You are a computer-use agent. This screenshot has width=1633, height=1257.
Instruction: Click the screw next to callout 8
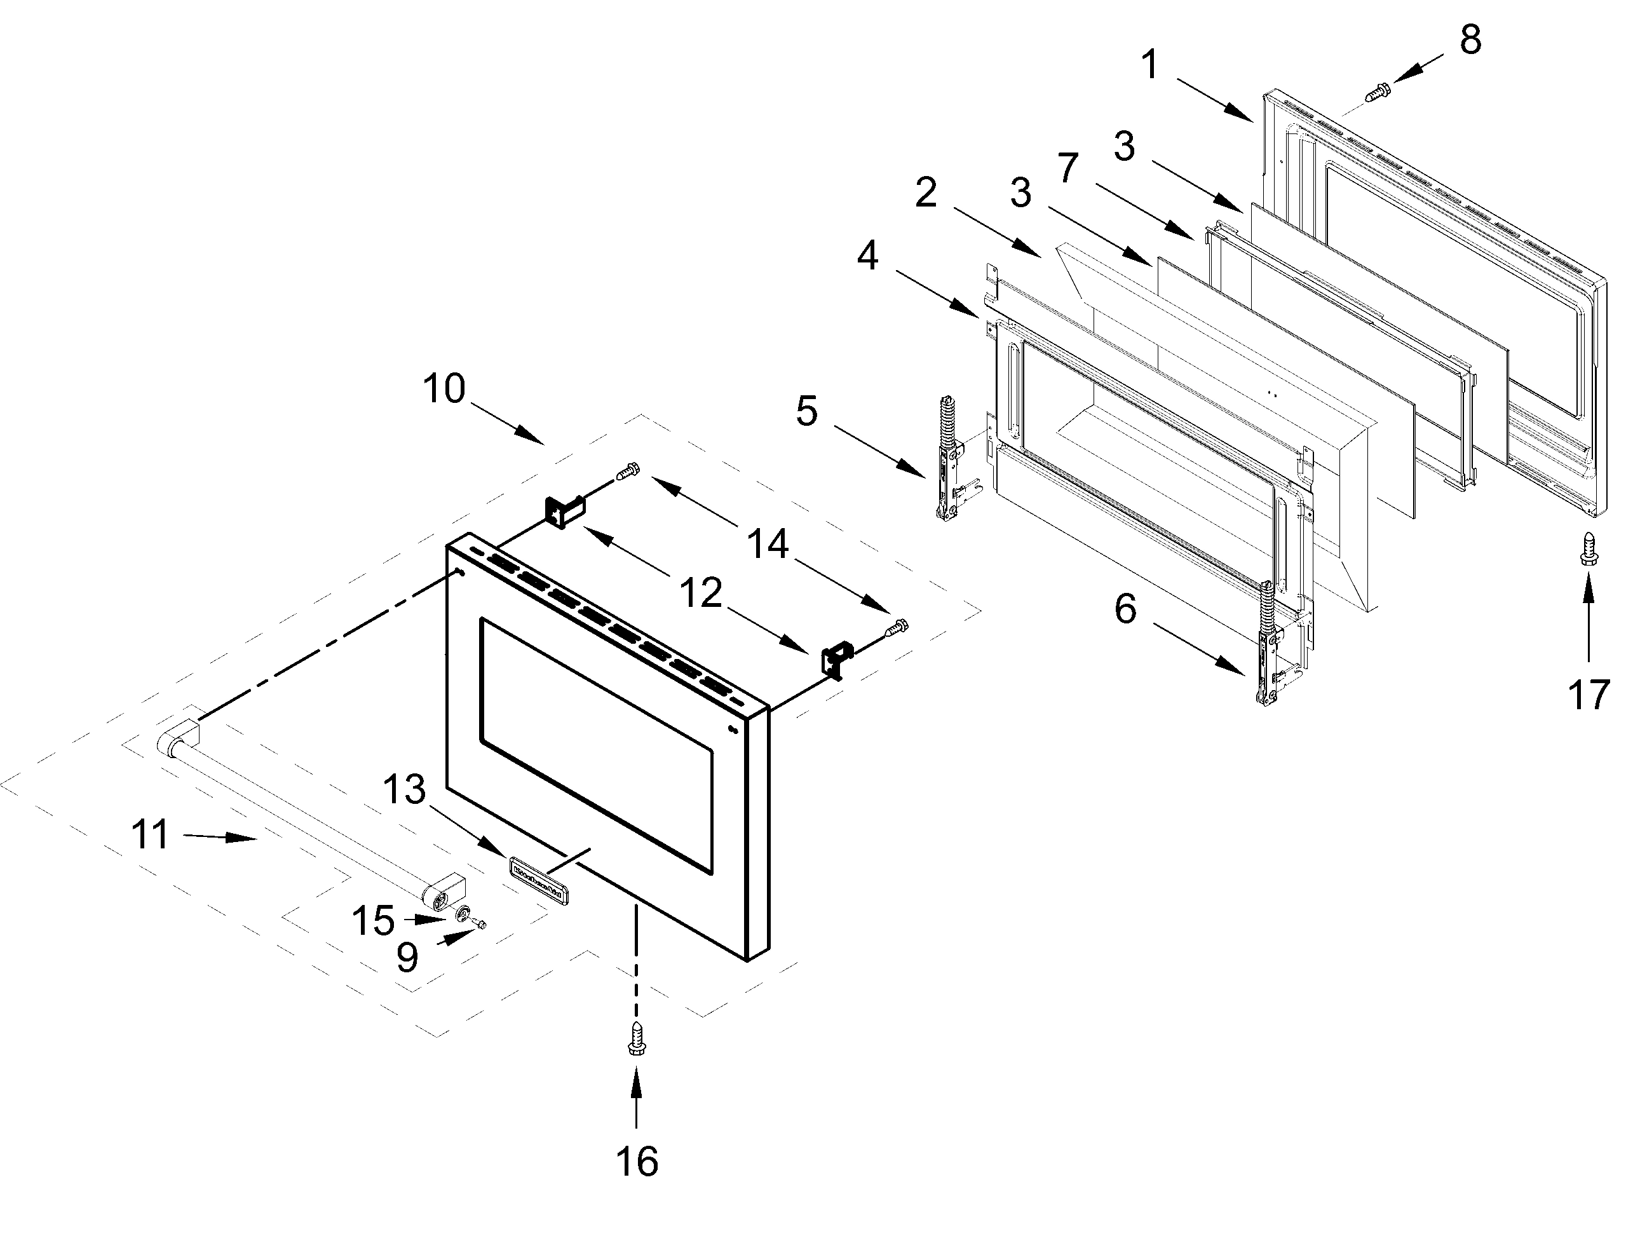coord(1378,93)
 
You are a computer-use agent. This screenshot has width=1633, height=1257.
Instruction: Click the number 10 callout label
coord(444,389)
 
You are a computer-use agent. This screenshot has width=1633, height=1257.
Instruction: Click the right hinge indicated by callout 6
coord(1268,644)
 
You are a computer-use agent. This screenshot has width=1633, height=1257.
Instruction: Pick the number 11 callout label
coord(151,834)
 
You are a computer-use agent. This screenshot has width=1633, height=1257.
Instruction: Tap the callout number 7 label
coord(1067,168)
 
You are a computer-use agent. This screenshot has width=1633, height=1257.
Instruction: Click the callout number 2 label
coord(926,193)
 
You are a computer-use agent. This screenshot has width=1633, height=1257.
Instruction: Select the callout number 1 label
coord(1150,64)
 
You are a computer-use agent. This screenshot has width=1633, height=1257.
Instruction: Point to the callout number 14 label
coord(768,543)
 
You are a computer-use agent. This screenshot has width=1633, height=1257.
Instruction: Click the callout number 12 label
coord(701,593)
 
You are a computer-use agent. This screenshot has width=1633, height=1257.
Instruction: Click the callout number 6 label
coord(1125,609)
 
